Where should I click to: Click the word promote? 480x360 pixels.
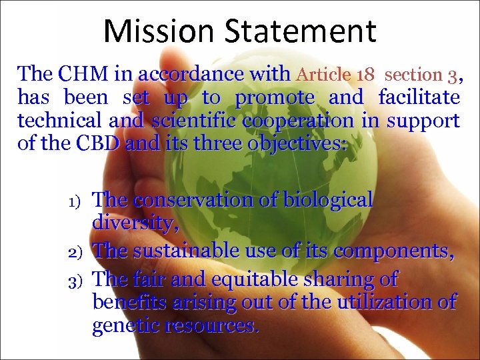click(275, 97)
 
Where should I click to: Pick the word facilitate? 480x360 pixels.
click(419, 97)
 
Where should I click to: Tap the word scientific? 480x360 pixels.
click(195, 121)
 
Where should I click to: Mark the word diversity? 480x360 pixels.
click(135, 223)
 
